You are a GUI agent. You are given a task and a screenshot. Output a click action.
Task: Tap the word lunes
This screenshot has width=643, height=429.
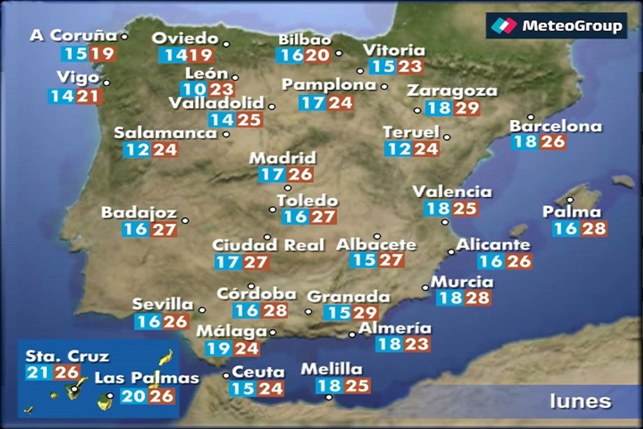pos(580,401)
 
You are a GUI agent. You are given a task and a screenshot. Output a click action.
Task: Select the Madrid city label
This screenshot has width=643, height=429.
pos(282,158)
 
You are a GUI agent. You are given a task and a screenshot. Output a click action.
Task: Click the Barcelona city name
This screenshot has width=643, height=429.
pos(555,126)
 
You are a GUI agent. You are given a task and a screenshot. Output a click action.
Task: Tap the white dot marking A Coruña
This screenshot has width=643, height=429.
pos(124,36)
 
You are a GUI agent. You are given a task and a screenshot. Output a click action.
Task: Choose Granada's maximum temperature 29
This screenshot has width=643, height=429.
pos(365,312)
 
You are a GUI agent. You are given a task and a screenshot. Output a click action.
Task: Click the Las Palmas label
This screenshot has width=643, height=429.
pos(146,378)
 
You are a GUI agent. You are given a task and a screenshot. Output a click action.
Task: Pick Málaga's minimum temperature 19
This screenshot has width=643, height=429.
pos(219,348)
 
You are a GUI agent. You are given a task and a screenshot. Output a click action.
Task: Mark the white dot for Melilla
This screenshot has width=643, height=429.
pos(329,397)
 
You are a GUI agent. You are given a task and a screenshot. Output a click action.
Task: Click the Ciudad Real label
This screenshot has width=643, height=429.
pos(269,245)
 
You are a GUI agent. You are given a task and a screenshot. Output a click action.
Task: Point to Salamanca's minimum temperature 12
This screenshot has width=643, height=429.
pos(137,150)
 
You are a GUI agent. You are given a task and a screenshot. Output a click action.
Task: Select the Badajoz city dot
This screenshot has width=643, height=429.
pos(185,220)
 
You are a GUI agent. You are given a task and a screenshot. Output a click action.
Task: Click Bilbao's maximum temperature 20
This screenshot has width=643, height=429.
pos(318,56)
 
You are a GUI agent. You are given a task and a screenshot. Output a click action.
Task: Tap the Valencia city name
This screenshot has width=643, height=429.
pos(452,192)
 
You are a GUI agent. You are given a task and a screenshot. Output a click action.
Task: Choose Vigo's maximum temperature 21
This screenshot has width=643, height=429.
pos(88,96)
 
